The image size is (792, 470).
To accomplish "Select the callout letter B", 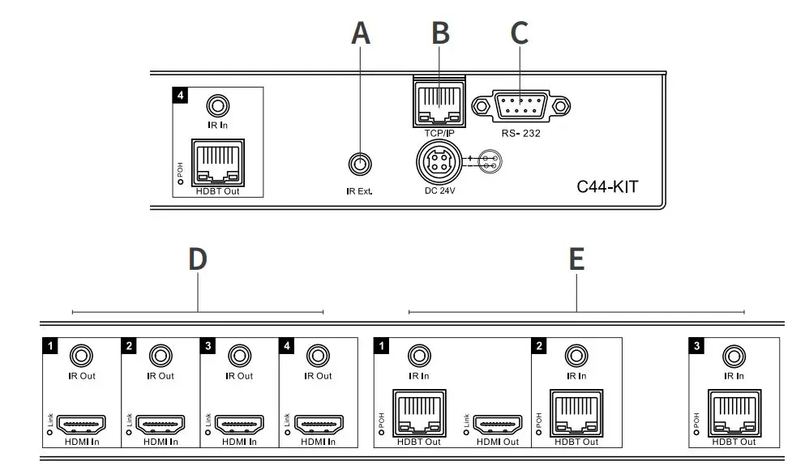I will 439,33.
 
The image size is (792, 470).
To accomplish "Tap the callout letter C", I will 519,33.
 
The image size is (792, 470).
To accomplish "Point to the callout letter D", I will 197,259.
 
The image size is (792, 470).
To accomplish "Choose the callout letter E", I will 576,259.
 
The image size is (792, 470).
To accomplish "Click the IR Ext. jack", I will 361,164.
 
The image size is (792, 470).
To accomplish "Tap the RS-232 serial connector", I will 520,106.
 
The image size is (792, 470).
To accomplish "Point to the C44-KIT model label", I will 607,187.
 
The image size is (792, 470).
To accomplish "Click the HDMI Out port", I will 497,424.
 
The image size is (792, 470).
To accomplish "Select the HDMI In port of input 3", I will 239,424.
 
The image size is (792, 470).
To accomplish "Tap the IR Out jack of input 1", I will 81,356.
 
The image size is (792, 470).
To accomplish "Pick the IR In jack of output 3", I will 734,356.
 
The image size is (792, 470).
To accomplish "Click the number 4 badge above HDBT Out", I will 181,95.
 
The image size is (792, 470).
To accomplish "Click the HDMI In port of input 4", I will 318,424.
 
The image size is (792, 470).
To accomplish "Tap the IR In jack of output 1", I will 419,356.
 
